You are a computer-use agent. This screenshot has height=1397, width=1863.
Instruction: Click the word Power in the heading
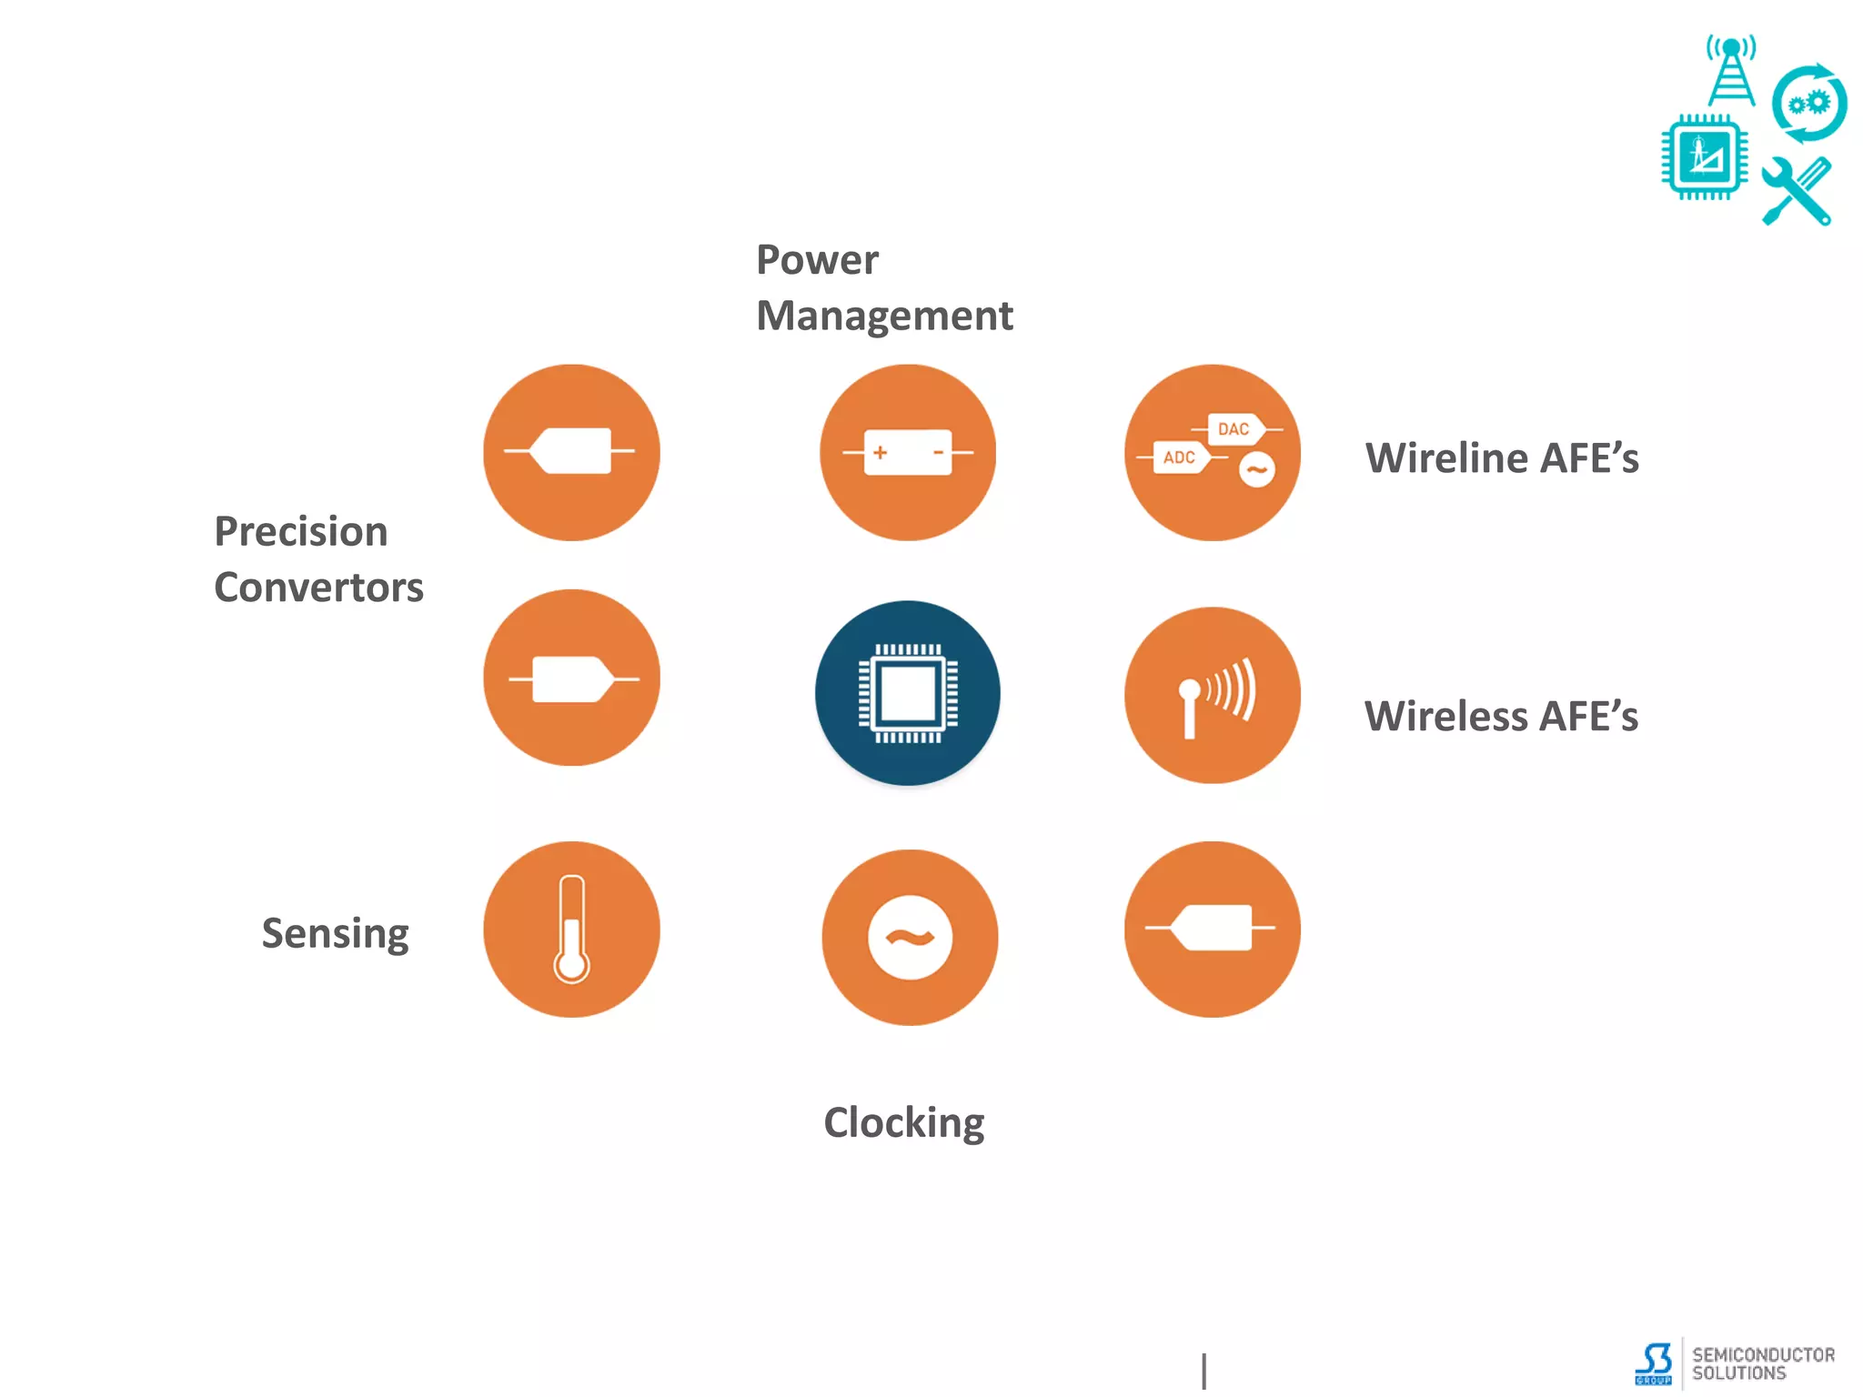pyautogui.click(x=817, y=260)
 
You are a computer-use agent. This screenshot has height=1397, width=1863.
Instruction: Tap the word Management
pyautogui.click(x=884, y=317)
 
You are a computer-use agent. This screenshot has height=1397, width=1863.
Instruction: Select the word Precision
pyautogui.click(x=301, y=531)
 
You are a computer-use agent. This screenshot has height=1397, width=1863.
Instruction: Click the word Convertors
pyautogui.click(x=318, y=588)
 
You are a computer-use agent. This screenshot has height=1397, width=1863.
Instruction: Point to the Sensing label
pyautogui.click(x=335, y=933)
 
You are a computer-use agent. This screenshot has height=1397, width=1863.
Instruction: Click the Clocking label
pyautogui.click(x=903, y=1122)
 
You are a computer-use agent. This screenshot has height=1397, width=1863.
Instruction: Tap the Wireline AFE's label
pyautogui.click(x=1502, y=457)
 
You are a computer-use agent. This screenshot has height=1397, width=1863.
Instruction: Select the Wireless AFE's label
pyautogui.click(x=1501, y=716)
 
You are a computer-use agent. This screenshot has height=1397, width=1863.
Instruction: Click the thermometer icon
pyautogui.click(x=571, y=930)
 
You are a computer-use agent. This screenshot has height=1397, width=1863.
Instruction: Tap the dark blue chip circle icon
pyautogui.click(x=908, y=693)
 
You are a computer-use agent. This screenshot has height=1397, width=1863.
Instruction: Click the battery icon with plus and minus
pyautogui.click(x=908, y=452)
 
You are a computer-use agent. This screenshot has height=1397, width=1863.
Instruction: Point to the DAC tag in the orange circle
pyautogui.click(x=1234, y=428)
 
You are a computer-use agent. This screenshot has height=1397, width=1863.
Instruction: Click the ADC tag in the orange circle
pyautogui.click(x=1180, y=457)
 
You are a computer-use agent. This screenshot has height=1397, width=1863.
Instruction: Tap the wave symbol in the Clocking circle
pyautogui.click(x=910, y=938)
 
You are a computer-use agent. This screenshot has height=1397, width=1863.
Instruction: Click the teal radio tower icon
pyautogui.click(x=1731, y=71)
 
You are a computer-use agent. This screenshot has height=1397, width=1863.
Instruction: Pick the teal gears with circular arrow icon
pyautogui.click(x=1808, y=104)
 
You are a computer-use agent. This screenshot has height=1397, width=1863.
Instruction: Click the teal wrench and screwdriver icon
pyautogui.click(x=1796, y=192)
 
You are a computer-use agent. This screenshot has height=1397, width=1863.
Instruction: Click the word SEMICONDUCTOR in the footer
pyautogui.click(x=1763, y=1354)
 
